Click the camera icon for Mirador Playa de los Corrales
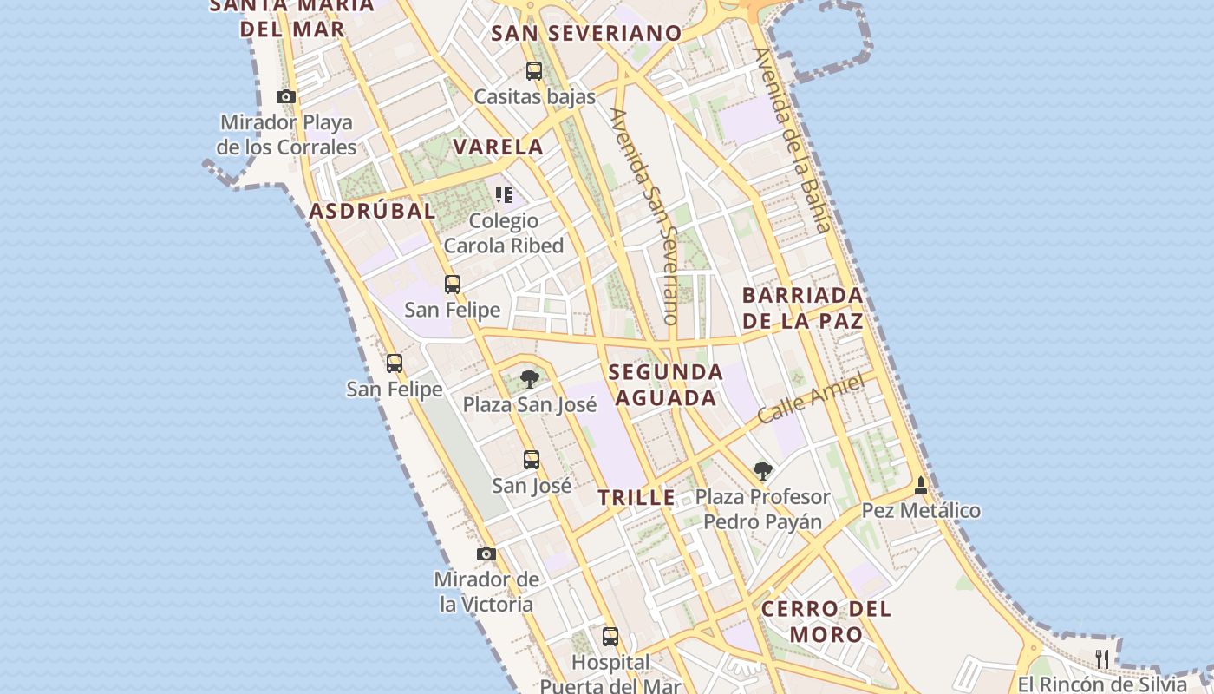[286, 96]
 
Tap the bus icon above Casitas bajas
[534, 71]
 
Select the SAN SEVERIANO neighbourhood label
[586, 34]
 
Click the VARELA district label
[499, 147]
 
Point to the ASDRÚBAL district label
[372, 211]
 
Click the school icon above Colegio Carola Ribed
[504, 195]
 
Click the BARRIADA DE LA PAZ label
[802, 308]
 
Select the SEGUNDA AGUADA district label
[665, 385]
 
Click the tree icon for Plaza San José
[529, 379]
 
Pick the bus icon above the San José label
[532, 460]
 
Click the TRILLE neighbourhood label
[636, 498]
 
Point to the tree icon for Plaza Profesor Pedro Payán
[762, 471]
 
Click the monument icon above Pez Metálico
[921, 486]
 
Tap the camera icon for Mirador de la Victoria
[486, 553]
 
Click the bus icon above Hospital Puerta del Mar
[610, 637]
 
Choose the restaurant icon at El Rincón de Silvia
[1101, 658]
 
